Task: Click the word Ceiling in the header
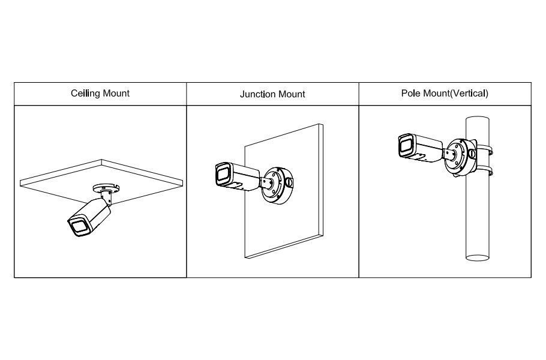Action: coord(84,94)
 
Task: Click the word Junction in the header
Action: coord(257,94)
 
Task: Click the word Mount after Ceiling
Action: coord(116,94)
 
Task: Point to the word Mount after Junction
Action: coord(292,94)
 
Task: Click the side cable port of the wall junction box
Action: coord(290,181)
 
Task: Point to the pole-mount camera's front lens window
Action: coord(404,146)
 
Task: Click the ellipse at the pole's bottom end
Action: coord(480,259)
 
